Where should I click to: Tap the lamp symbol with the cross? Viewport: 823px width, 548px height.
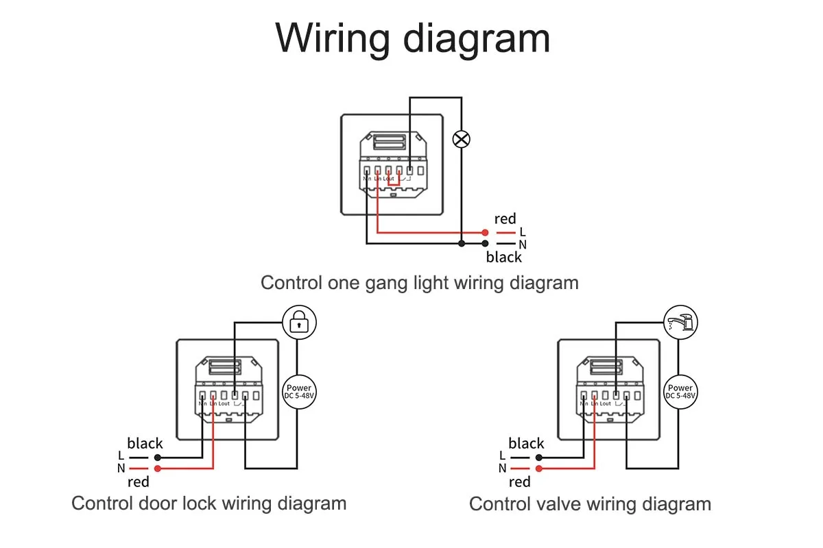tap(462, 140)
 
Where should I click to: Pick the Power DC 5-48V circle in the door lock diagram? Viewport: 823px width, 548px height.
tap(298, 393)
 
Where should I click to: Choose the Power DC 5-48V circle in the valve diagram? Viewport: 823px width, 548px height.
tap(680, 393)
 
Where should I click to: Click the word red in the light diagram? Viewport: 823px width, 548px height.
tap(505, 219)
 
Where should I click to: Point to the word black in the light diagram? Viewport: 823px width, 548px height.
tap(504, 258)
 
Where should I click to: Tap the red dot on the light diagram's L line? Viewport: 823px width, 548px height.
tap(485, 232)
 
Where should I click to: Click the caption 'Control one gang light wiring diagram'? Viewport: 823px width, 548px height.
tap(420, 282)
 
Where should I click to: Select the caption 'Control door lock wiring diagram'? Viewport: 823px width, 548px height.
tap(208, 503)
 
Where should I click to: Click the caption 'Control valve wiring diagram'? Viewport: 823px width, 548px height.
tap(590, 505)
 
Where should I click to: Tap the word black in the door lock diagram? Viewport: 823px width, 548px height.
tap(145, 443)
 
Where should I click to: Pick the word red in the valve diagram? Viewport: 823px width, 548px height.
tap(520, 482)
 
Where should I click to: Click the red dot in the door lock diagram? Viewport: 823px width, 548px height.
tap(158, 469)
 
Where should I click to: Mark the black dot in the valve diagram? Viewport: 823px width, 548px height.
tap(539, 456)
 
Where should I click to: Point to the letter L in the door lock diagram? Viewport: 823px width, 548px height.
tap(121, 456)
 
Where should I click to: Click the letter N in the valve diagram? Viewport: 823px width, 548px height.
tap(502, 469)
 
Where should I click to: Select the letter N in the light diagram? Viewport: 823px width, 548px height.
tap(523, 245)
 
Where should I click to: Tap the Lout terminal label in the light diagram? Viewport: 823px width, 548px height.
tap(389, 179)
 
